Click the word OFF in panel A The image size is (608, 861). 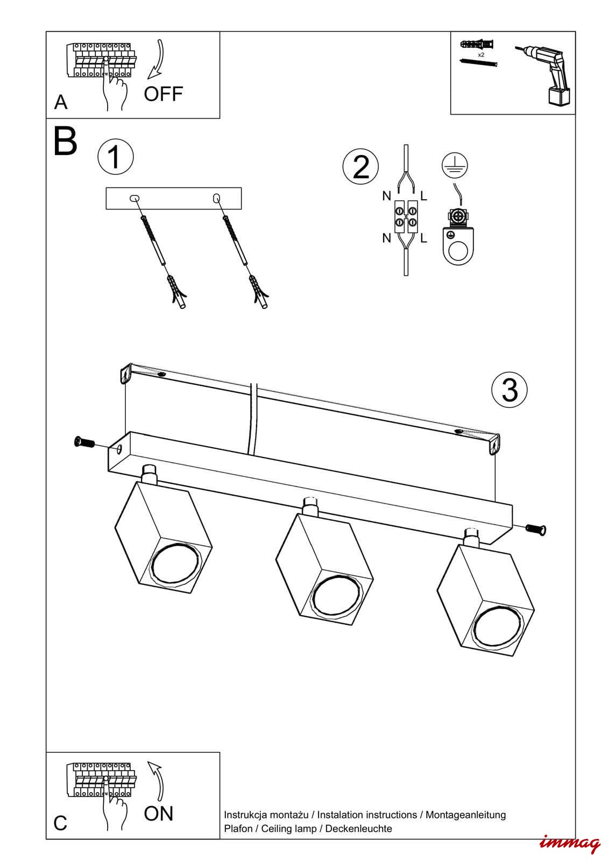tap(163, 94)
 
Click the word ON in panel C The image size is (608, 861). tap(159, 814)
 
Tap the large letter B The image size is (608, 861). tap(66, 142)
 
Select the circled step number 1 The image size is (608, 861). tap(115, 157)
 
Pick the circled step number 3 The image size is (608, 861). tap(510, 390)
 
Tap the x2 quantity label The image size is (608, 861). tap(481, 55)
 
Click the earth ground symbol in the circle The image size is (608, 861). tap(455, 165)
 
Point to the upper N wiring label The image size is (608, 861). tap(386, 196)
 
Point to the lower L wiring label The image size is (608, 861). tap(423, 238)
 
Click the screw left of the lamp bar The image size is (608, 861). tap(84, 442)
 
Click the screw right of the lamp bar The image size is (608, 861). tap(536, 530)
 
